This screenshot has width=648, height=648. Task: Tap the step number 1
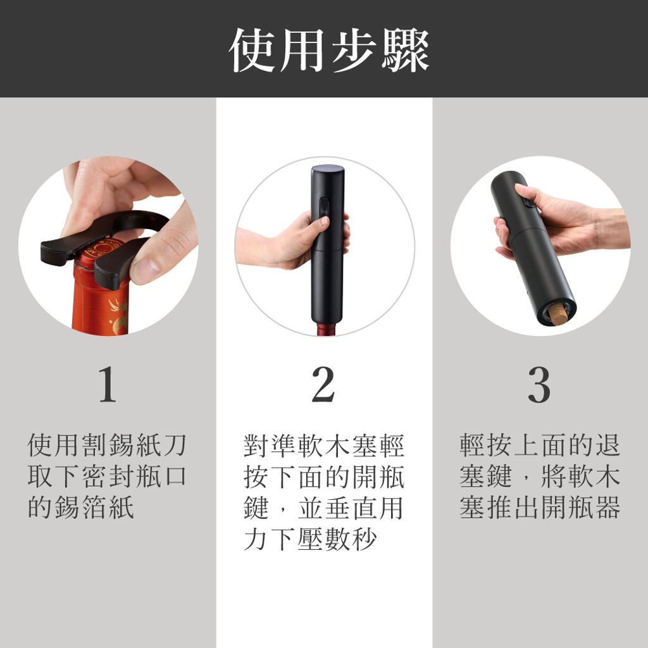pyautogui.click(x=108, y=384)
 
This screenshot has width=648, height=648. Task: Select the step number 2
pyautogui.click(x=323, y=384)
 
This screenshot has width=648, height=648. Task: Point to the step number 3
pyautogui.click(x=539, y=384)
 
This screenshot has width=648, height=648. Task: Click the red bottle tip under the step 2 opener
pyautogui.click(x=327, y=329)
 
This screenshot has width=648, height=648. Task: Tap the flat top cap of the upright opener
pyautogui.click(x=328, y=169)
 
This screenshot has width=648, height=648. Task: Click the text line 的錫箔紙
pyautogui.click(x=81, y=507)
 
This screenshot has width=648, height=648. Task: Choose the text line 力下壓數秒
pyautogui.click(x=310, y=539)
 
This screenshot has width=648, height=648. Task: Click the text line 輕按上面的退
pyautogui.click(x=540, y=445)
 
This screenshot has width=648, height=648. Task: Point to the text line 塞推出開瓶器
pyautogui.click(x=540, y=507)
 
